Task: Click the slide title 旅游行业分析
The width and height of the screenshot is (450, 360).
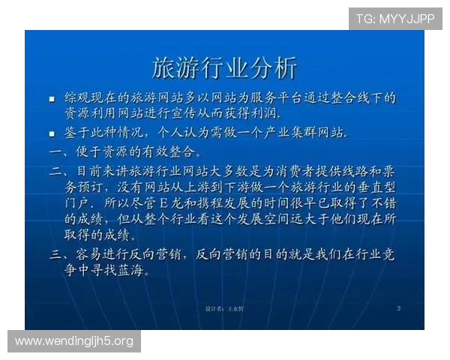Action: [x=224, y=67]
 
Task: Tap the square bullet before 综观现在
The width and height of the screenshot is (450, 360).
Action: [x=52, y=98]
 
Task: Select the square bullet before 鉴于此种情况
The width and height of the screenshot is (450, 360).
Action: [x=52, y=133]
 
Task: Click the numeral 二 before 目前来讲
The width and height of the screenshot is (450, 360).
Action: [x=55, y=171]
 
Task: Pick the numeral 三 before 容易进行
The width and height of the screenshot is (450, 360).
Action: [x=55, y=255]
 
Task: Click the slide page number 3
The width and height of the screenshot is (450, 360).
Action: [x=398, y=308]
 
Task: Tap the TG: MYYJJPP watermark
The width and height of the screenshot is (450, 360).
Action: [x=395, y=18]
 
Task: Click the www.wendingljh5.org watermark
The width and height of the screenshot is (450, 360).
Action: [x=74, y=342]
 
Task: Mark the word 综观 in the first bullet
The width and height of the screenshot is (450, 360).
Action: [x=77, y=97]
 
